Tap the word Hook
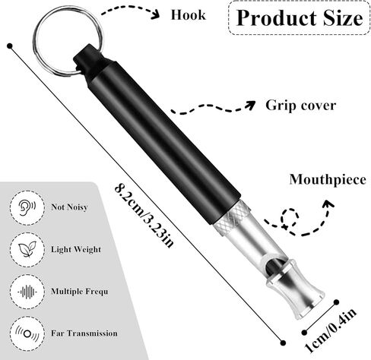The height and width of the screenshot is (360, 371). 188,15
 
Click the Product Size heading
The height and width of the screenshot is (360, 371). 300,17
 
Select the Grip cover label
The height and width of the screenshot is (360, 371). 300,106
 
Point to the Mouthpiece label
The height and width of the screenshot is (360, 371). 328,179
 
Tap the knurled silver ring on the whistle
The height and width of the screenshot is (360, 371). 231,218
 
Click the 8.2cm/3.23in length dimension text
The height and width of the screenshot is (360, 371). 144,216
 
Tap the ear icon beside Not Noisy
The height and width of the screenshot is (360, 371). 27,207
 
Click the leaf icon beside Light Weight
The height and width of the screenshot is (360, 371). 27,249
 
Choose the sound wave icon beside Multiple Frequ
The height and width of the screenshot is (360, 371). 27,292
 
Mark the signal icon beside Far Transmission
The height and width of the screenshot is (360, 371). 27,333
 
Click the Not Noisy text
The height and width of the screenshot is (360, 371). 69,207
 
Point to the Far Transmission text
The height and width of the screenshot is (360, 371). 84,333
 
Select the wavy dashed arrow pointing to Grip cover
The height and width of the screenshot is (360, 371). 213,108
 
